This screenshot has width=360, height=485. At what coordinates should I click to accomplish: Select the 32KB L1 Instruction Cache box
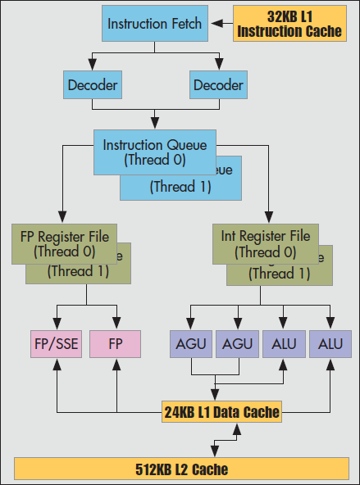point(290,24)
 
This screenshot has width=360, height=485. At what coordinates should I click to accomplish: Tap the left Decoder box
point(93,84)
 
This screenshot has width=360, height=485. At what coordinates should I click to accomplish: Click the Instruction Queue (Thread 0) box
point(155,152)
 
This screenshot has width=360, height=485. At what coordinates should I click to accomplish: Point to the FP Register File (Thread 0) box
point(65,242)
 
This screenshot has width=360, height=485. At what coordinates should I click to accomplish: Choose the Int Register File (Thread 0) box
point(266,242)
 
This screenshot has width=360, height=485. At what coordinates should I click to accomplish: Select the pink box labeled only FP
point(115,343)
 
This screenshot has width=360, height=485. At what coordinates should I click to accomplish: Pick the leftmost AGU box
point(191,343)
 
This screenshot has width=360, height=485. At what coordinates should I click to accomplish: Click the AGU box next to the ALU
point(237,343)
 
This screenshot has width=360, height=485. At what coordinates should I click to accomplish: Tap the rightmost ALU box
point(330,343)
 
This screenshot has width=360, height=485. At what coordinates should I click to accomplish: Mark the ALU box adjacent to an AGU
point(284,343)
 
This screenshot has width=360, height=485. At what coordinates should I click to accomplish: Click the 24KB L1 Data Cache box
point(221,411)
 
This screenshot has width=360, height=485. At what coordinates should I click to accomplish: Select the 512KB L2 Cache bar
point(180,469)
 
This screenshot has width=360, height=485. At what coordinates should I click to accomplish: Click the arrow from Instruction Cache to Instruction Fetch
point(220,24)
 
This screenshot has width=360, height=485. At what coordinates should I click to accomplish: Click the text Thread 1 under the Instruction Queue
point(179,187)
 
